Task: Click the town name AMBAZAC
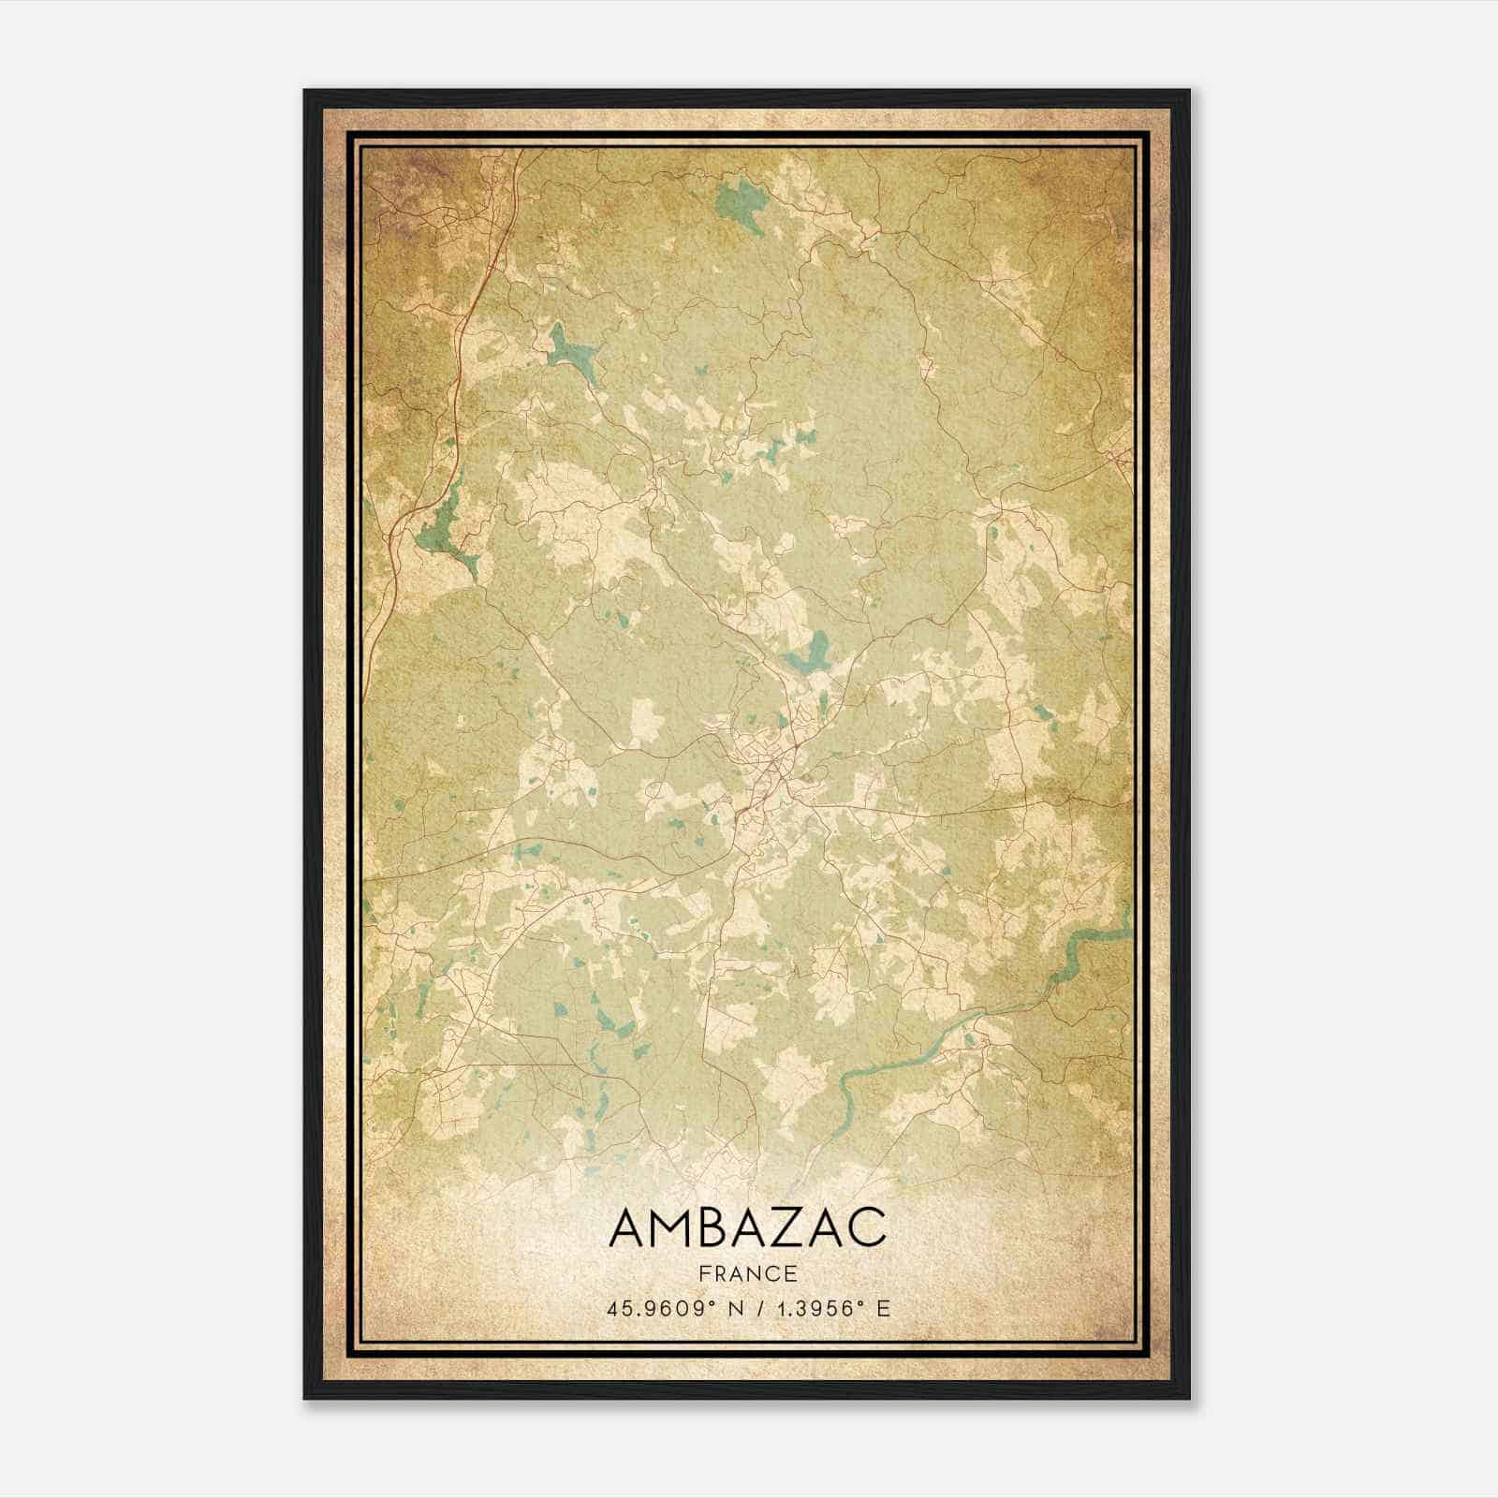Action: coord(747,1226)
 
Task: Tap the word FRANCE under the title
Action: coord(747,1273)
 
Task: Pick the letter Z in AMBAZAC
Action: coord(796,1226)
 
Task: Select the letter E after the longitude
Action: coord(883,1309)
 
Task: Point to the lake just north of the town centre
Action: coord(809,653)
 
